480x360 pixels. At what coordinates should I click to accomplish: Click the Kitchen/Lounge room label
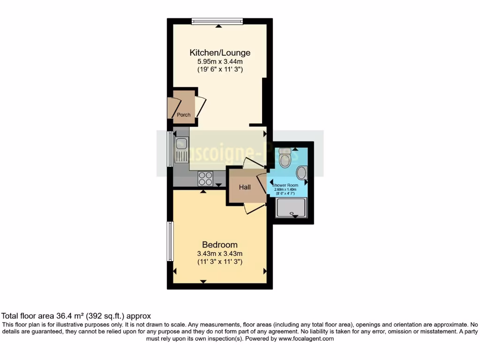click(219, 52)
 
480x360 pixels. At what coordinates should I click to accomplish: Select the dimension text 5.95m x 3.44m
click(219, 61)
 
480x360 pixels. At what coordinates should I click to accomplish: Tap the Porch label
click(184, 115)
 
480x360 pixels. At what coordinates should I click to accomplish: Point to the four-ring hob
click(205, 178)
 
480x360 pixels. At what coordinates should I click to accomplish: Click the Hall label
click(245, 187)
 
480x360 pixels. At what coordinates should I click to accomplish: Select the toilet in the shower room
click(284, 159)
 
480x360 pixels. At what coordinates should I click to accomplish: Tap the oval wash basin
click(301, 173)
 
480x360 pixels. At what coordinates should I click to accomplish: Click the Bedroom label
click(219, 245)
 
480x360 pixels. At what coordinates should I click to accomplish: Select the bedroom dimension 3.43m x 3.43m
click(219, 254)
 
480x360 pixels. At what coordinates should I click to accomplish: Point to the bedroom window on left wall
click(171, 241)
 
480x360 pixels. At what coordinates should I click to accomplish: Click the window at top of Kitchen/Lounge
click(217, 21)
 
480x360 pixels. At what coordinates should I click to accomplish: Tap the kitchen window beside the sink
click(171, 149)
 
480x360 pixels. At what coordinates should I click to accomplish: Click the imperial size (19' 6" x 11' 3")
click(219, 69)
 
